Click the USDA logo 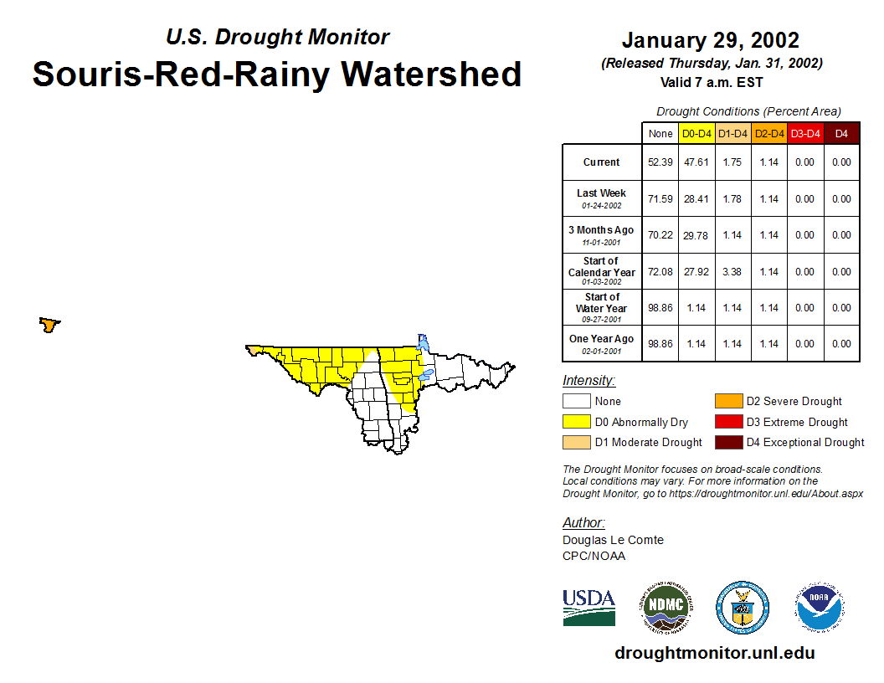pos(588,608)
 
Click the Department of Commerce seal pos(743,608)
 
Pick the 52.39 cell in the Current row pos(660,162)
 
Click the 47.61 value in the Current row pos(696,162)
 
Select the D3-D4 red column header pos(805,134)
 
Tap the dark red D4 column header pos(841,134)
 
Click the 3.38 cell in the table pos(732,272)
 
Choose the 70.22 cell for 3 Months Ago pos(660,235)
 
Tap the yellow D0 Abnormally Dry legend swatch pos(576,422)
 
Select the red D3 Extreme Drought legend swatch pos(728,422)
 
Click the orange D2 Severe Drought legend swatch pos(728,401)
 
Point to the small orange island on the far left pos(49,325)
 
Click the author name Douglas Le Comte pos(613,540)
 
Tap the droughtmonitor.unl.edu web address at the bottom pos(715,653)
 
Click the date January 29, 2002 pos(711,40)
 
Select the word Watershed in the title pos(431,74)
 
